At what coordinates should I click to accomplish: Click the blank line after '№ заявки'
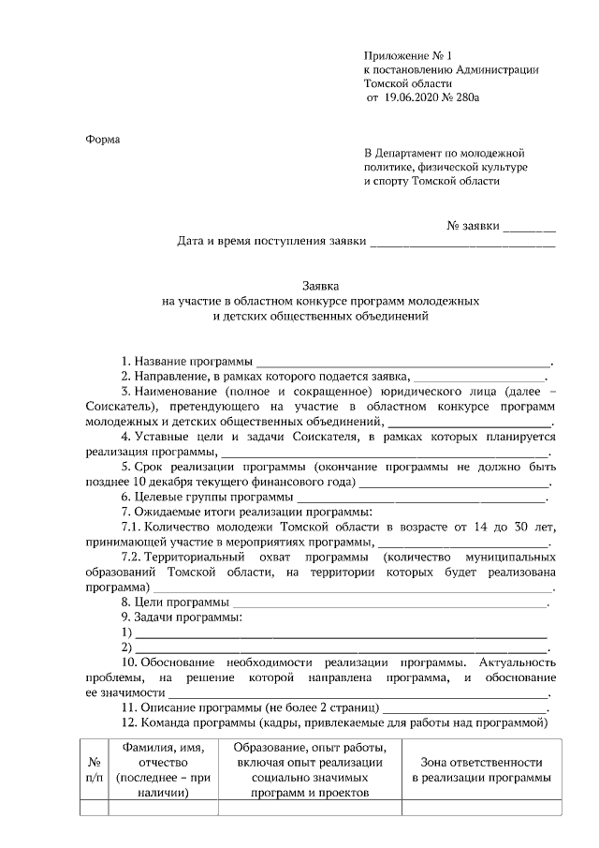click(x=529, y=226)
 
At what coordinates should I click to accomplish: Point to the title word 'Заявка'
click(x=320, y=286)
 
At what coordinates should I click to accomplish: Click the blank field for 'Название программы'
click(x=403, y=361)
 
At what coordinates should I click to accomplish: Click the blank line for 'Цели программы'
click(x=389, y=602)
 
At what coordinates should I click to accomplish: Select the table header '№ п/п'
click(x=95, y=770)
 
